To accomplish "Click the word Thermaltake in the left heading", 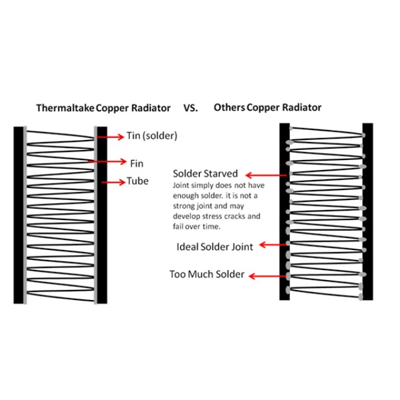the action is coord(65,108).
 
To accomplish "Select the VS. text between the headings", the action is coord(191,108).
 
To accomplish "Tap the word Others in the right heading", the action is coord(229,107).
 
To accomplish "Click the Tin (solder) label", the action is coord(152,136).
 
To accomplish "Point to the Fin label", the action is coord(137,164).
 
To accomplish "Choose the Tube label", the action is coord(137,181).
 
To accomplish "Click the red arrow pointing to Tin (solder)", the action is coord(111,137).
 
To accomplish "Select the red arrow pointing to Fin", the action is coord(107,161).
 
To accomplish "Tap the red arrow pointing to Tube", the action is coord(113,182).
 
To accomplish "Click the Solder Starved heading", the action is coord(206,174).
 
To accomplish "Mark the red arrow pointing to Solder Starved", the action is coord(266,175).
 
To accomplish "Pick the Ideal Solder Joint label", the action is coord(215,247).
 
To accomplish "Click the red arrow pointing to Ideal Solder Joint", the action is coord(274,245).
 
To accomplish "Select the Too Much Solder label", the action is coord(207,274).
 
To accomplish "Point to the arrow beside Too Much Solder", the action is coord(267,276).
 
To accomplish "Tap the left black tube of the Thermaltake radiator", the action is coord(19,215).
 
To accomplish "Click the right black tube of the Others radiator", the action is coord(368,211).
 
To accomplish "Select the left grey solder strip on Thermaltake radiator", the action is coord(25,215).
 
